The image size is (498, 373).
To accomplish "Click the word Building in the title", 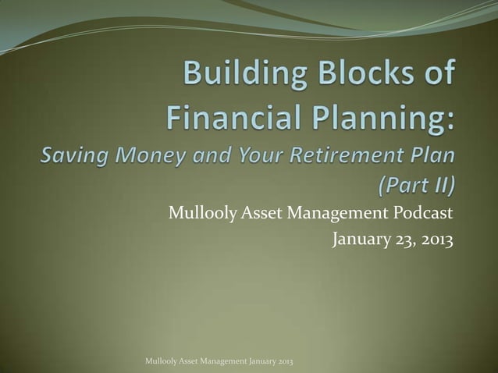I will point(242,79).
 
